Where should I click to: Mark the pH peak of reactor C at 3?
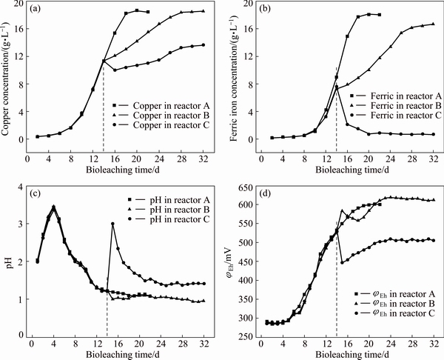pyautogui.click(x=112, y=224)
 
